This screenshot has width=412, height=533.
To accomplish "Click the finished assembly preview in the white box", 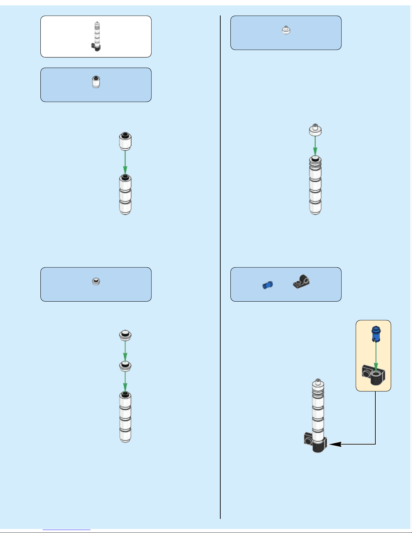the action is click(96, 37).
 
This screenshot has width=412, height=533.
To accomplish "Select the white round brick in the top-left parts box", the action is click(96, 82).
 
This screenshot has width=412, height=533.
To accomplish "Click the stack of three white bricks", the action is click(125, 195).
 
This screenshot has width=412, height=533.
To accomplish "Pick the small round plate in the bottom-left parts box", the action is click(96, 281).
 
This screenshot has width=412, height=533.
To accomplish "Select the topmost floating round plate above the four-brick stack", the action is click(125, 335).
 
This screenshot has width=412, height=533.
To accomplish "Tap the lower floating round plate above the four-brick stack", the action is click(125, 366).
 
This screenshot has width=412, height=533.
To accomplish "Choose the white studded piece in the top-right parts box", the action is click(286, 30).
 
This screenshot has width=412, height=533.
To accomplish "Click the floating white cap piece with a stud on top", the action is click(315, 130).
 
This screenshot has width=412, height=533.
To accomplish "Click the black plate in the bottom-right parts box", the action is click(301, 282).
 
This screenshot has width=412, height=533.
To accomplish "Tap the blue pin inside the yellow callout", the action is click(376, 333).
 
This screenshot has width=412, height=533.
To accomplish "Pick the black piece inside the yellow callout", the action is click(373, 375).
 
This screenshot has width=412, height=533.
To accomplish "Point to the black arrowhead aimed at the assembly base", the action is click(336, 444).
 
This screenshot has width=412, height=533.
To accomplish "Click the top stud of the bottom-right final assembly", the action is click(317, 382).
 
